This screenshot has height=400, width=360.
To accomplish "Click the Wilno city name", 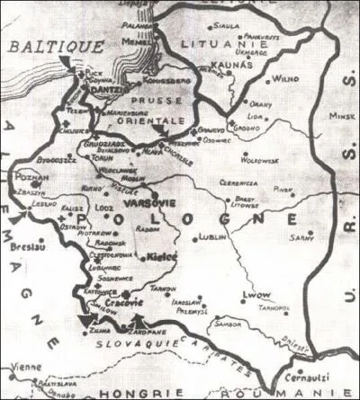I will pos(286,79).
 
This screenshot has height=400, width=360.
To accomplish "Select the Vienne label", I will pos(16,367).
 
